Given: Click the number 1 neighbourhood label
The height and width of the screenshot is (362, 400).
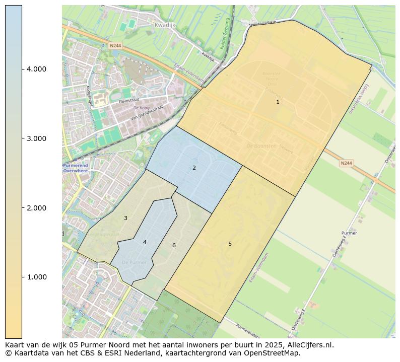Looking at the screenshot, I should coord(278,102).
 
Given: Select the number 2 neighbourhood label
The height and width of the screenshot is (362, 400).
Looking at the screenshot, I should coord(194,168).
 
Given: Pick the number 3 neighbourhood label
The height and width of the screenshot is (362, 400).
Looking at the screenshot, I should coord(125,218).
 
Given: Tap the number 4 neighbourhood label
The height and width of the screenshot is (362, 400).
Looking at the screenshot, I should coord(145,242).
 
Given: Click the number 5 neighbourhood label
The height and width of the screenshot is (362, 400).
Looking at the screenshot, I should coord(230,244).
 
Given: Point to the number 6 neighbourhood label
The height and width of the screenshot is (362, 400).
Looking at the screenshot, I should coord(174,245).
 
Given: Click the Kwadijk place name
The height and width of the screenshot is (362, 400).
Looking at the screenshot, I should coord(164,24).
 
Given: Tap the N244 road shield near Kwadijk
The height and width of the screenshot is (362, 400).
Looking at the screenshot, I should coord(115,45).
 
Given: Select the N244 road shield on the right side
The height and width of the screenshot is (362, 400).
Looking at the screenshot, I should coord(346,163).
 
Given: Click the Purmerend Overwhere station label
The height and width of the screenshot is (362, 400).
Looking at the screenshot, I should coord(75,168).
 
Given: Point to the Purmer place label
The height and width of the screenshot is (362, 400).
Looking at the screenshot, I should coord(349,233).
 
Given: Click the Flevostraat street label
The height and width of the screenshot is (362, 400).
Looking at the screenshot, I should coord(128,101).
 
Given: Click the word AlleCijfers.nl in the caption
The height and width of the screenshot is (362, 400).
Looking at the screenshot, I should coord(309,345).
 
